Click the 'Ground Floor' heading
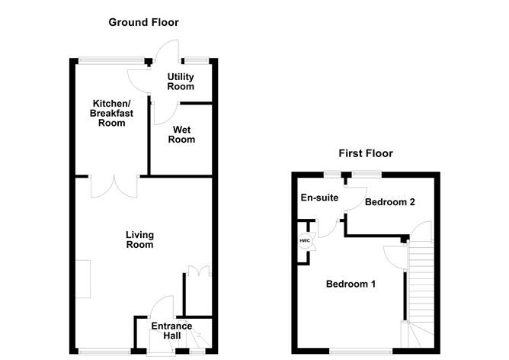143,22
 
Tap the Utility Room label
181,82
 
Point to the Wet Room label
182,134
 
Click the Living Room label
139,239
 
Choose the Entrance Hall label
171,331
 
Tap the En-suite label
319,198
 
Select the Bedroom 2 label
389,202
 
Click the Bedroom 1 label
351,284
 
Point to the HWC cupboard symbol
304,241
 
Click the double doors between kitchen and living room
114,185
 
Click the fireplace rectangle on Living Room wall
83,279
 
